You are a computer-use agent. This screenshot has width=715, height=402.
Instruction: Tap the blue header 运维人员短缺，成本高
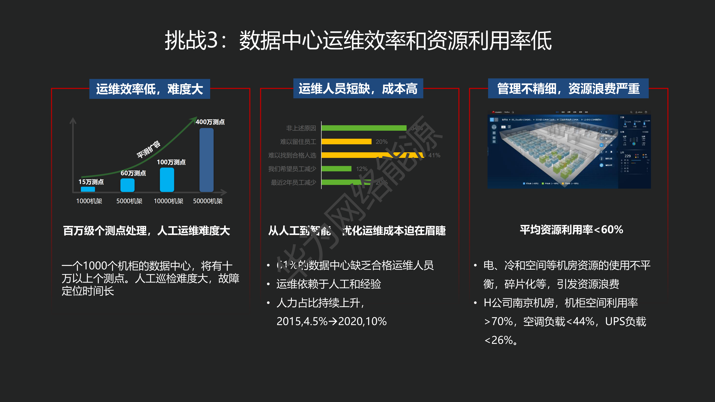click(358, 89)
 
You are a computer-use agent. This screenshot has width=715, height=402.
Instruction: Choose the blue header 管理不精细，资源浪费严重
click(568, 89)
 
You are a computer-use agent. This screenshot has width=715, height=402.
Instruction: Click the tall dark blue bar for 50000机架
click(206, 160)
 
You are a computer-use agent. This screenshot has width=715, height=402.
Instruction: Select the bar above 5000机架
click(127, 185)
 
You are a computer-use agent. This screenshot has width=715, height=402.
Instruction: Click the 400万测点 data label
click(210, 122)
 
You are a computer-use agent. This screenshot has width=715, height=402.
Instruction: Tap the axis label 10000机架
click(168, 201)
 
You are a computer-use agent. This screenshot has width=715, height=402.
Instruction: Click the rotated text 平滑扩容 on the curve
click(149, 149)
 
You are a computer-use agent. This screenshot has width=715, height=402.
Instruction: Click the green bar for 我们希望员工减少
click(336, 169)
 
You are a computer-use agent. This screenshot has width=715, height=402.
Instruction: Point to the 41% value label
click(434, 155)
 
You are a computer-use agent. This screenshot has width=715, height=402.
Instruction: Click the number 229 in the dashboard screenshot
click(628, 156)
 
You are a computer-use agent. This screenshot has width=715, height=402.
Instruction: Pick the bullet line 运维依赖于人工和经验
click(328, 284)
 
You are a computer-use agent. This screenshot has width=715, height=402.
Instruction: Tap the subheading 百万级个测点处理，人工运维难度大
click(146, 231)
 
